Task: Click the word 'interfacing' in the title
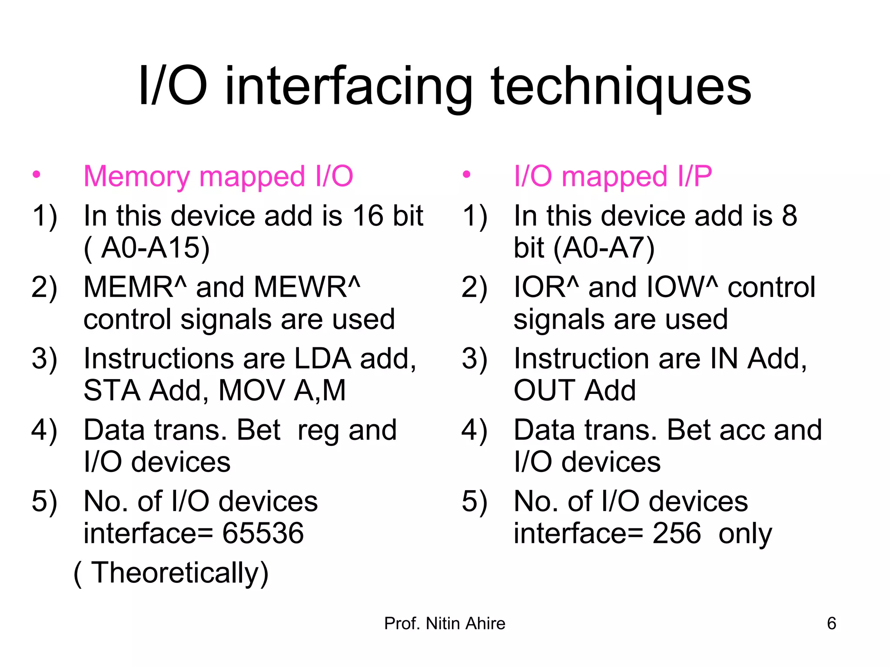pyautogui.click(x=349, y=87)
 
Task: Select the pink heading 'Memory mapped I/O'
pyautogui.click(x=218, y=177)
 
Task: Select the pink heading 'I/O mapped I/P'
pyautogui.click(x=613, y=177)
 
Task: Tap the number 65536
pyautogui.click(x=263, y=533)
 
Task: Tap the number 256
pyautogui.click(x=677, y=533)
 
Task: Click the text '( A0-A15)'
pyautogui.click(x=147, y=248)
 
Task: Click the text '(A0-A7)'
pyautogui.click(x=604, y=248)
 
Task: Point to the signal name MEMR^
pyautogui.click(x=135, y=287)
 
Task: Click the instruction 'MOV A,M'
pyautogui.click(x=282, y=390)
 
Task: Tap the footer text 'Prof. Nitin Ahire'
pyautogui.click(x=445, y=624)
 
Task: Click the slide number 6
pyautogui.click(x=831, y=624)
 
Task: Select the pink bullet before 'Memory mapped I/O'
pyautogui.click(x=37, y=175)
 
